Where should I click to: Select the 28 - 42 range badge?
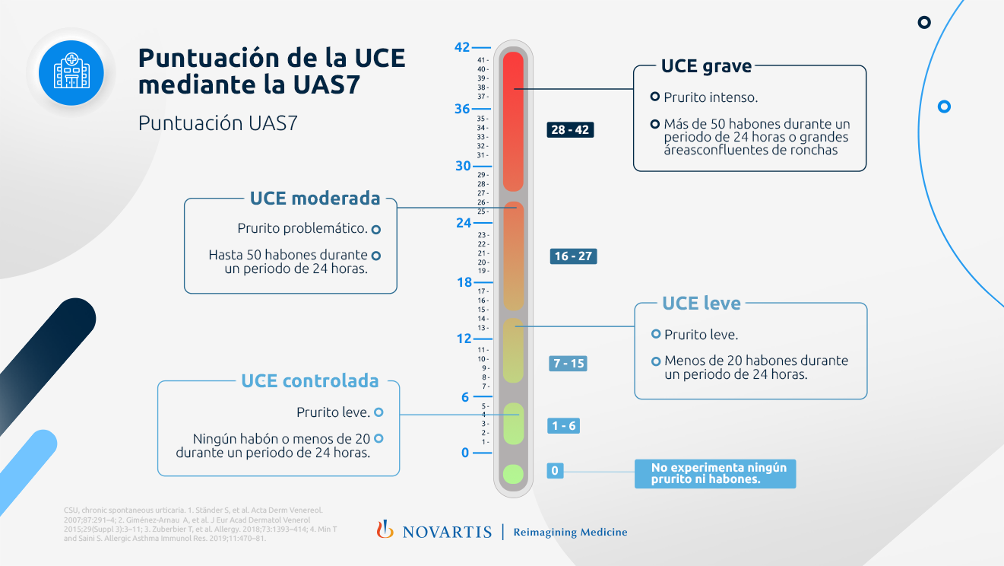pyautogui.click(x=570, y=130)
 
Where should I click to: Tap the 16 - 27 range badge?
pyautogui.click(x=573, y=256)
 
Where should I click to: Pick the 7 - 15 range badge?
pyautogui.click(x=568, y=364)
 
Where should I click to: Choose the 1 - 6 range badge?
pyautogui.click(x=562, y=426)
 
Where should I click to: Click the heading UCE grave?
pyautogui.click(x=706, y=66)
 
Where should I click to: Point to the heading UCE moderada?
pyautogui.click(x=315, y=199)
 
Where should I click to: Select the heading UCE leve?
pyautogui.click(x=701, y=304)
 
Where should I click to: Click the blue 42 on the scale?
pyautogui.click(x=462, y=47)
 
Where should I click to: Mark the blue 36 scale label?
pyautogui.click(x=462, y=109)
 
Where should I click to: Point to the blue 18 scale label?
pyautogui.click(x=464, y=283)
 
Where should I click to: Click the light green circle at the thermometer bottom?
pyautogui.click(x=513, y=474)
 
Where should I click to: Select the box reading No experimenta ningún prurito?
pyautogui.click(x=714, y=473)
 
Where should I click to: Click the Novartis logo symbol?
pyautogui.click(x=385, y=529)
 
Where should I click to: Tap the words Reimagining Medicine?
pyautogui.click(x=570, y=532)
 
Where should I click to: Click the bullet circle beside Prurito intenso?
pyautogui.click(x=654, y=97)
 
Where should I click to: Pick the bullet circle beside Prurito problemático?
pyautogui.click(x=375, y=228)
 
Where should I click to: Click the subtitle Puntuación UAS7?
pyautogui.click(x=217, y=123)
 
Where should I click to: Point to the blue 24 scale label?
pyautogui.click(x=464, y=224)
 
